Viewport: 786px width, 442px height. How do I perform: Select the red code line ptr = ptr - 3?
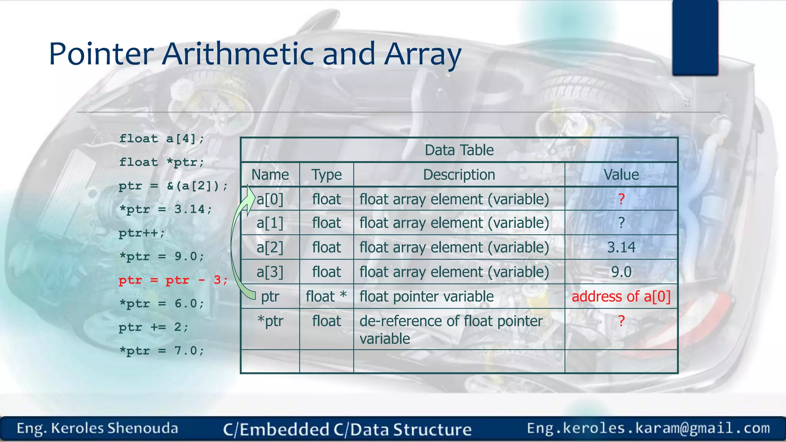(x=173, y=280)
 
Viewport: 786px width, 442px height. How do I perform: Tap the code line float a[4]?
(x=162, y=139)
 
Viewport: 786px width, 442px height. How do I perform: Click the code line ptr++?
(x=142, y=233)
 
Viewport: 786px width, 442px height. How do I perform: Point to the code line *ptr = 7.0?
(x=162, y=351)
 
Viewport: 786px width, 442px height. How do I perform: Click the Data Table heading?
(x=459, y=150)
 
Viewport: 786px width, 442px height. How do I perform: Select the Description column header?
(x=459, y=175)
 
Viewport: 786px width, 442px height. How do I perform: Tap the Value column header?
(x=621, y=175)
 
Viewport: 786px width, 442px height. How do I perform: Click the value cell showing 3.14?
(x=621, y=247)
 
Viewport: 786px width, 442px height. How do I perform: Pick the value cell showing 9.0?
(x=621, y=272)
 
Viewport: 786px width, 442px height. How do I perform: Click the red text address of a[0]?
(x=621, y=297)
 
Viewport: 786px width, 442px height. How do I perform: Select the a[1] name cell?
(x=270, y=223)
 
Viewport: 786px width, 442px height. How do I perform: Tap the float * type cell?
(x=326, y=297)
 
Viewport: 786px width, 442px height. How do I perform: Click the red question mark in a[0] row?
(x=621, y=199)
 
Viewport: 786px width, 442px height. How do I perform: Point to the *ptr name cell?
(x=270, y=321)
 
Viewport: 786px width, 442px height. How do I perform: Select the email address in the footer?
(x=648, y=428)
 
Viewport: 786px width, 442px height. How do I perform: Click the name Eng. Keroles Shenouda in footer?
(x=97, y=428)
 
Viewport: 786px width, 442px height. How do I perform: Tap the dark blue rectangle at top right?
(x=695, y=37)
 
